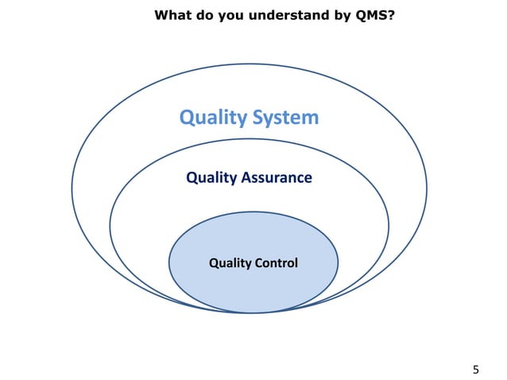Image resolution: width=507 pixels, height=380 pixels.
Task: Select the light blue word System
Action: [286, 118]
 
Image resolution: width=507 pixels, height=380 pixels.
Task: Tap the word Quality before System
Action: [213, 118]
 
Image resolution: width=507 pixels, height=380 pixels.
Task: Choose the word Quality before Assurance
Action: [211, 177]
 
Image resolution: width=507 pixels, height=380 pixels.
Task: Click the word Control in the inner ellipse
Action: [277, 262]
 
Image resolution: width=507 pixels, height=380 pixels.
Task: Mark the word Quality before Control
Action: [230, 262]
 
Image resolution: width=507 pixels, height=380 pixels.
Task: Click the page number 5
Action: [476, 369]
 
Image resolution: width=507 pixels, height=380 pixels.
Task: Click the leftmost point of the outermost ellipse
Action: [72, 189]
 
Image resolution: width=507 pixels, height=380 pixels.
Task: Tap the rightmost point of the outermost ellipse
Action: [427, 189]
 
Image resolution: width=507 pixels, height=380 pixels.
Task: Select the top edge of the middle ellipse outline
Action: [249, 144]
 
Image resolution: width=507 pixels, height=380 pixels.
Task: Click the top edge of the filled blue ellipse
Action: [253, 211]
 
